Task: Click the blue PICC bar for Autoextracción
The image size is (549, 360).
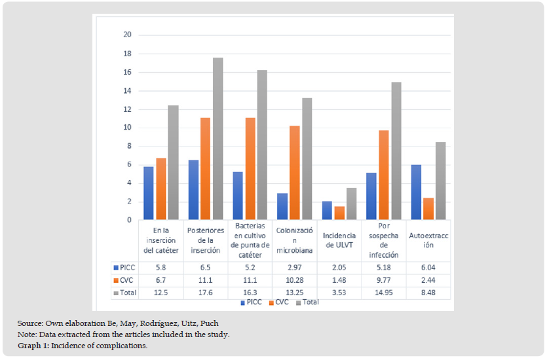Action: [416, 192]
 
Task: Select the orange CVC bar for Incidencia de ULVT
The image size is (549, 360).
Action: [339, 213]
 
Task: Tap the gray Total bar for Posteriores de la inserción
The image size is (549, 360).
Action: [218, 139]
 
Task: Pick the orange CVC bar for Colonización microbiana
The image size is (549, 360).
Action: [294, 172]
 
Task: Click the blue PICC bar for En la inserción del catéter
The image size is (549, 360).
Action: [149, 193]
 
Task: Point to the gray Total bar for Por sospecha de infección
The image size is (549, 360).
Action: [396, 151]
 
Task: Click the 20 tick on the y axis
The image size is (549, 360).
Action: [127, 35]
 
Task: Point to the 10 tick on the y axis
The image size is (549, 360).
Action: [127, 128]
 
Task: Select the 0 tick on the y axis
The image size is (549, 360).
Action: [129, 220]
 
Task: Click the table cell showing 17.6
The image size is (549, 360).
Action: [205, 293]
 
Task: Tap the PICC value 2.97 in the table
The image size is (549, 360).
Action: [294, 268]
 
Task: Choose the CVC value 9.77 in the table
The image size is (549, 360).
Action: [383, 280]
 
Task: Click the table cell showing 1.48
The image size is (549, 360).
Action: [339, 280]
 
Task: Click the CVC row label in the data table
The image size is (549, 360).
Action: [127, 280]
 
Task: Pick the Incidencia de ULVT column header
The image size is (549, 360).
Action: [339, 240]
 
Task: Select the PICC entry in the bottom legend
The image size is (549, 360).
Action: [251, 302]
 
